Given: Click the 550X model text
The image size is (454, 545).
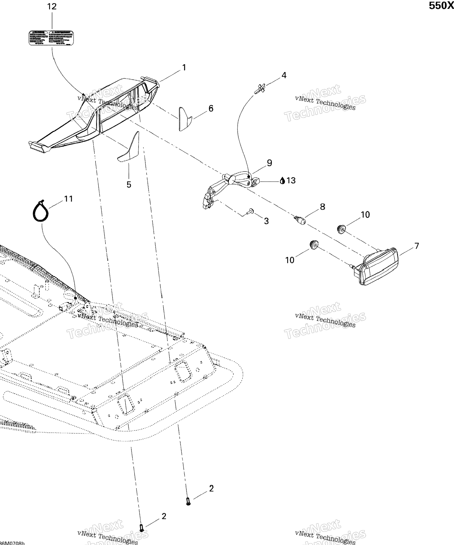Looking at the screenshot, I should click(x=441, y=6).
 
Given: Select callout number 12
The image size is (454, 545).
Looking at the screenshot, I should click(x=52, y=6).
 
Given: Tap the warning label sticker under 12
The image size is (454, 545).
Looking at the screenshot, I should click(x=51, y=38).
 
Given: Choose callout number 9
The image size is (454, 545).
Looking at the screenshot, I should click(x=270, y=163).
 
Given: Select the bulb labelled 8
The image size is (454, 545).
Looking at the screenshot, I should click(x=301, y=221).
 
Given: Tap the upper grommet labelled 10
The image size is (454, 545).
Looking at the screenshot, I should click(x=341, y=229).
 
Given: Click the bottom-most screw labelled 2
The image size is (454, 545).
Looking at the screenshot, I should click(x=141, y=528).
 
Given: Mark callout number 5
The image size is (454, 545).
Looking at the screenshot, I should click(x=129, y=185).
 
